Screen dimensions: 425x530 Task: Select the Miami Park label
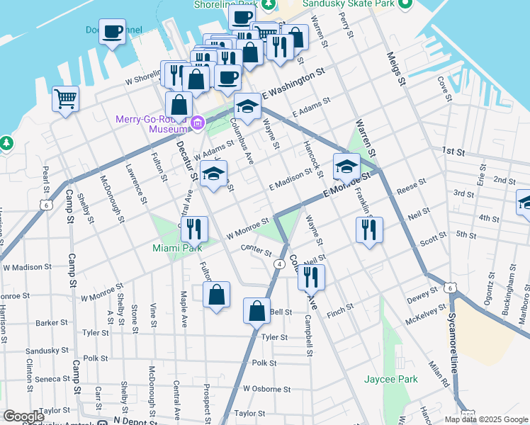[176, 248]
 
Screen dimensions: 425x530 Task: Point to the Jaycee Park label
[390, 379]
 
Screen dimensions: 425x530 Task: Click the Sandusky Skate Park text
[347, 4]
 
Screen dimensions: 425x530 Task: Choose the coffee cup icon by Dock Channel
[112, 32]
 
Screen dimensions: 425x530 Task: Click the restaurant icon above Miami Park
[193, 229]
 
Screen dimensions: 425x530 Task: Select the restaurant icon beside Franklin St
[369, 229]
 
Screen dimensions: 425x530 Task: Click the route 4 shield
[279, 264]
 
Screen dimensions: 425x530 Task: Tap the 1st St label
[452, 152]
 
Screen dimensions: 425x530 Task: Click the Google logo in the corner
[23, 416]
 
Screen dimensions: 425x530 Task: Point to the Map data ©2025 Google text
[485, 419]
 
